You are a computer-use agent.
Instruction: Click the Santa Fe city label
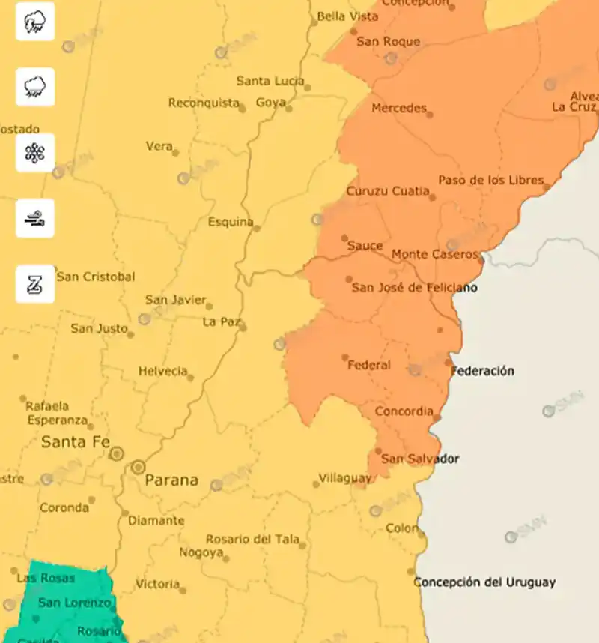[x=76, y=442]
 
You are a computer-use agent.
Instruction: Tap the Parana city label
[x=171, y=480]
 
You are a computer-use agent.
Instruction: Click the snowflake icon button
[x=35, y=153]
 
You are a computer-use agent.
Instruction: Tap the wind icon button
[x=35, y=219]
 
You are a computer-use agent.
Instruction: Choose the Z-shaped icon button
[x=35, y=284]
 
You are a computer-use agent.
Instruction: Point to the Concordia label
[x=404, y=411]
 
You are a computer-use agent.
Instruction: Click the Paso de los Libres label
[x=490, y=181]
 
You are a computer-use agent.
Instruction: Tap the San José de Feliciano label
[x=415, y=288]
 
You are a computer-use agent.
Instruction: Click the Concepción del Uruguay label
[x=485, y=582]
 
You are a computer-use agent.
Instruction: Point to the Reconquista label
[x=204, y=103]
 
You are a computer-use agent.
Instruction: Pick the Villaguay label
[x=345, y=477]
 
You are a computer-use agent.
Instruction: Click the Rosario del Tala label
[x=252, y=539]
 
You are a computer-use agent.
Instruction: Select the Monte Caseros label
[x=434, y=254]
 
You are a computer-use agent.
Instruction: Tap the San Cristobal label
[x=96, y=277]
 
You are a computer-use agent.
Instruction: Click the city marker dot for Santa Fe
[x=117, y=453]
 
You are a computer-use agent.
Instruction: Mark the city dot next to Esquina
[x=257, y=227]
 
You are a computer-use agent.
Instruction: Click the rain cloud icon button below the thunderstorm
[x=35, y=87]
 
